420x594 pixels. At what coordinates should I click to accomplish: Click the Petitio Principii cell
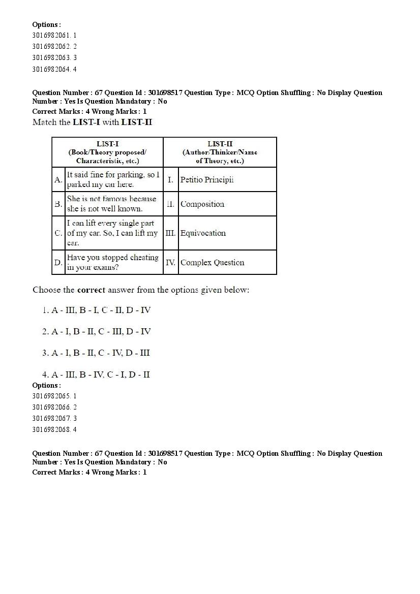click(x=207, y=180)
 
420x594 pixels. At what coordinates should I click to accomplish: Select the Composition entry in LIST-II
click(x=202, y=204)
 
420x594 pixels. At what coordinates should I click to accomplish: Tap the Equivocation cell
click(x=203, y=233)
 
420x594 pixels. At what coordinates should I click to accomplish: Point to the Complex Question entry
click(x=212, y=263)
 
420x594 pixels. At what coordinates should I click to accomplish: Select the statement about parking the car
click(x=113, y=179)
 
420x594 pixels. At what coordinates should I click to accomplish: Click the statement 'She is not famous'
click(x=112, y=204)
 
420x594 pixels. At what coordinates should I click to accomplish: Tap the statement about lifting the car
click(x=113, y=233)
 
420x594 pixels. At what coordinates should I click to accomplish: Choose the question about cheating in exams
click(x=113, y=262)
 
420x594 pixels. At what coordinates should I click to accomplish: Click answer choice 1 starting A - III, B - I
click(x=97, y=310)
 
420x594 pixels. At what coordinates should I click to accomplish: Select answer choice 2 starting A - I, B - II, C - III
click(x=97, y=331)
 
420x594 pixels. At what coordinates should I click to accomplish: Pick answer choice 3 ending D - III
click(x=96, y=353)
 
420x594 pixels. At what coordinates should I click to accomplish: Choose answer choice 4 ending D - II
click(x=96, y=374)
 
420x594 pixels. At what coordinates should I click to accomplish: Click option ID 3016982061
click(x=54, y=36)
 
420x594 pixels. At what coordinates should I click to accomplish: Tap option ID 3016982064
click(x=54, y=69)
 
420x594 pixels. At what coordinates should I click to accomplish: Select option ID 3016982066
click(x=54, y=407)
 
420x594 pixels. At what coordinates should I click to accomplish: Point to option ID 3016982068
click(x=54, y=429)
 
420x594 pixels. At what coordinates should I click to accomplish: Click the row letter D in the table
click(x=58, y=263)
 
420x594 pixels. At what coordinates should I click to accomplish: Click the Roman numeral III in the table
click(x=170, y=233)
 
